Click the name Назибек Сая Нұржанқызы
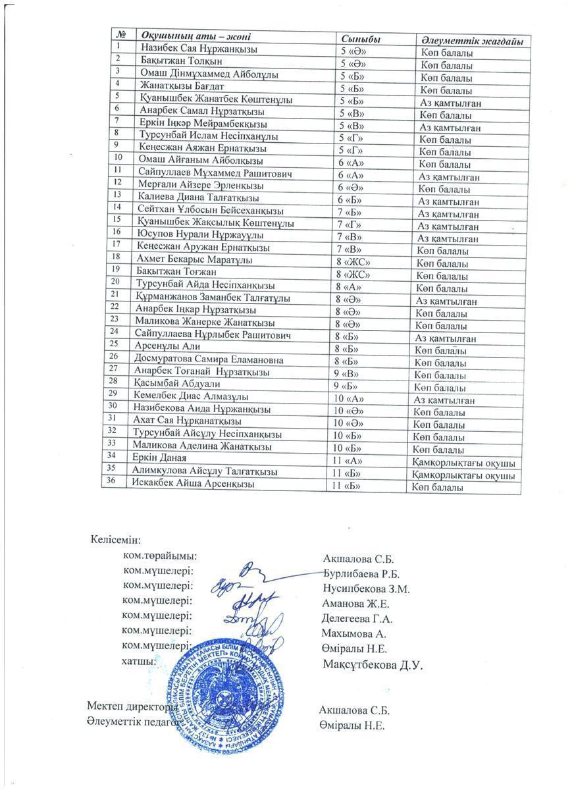tap(198, 49)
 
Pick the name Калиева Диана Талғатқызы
tap(198, 198)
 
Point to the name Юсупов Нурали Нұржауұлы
tap(200, 235)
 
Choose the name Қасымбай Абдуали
tap(176, 384)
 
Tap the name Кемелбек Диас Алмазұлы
tap(190, 397)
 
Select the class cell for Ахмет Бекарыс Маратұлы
tap(353, 263)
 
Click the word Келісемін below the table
tap(115, 540)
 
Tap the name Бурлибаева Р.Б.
tap(361, 575)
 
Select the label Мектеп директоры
tap(132, 706)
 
